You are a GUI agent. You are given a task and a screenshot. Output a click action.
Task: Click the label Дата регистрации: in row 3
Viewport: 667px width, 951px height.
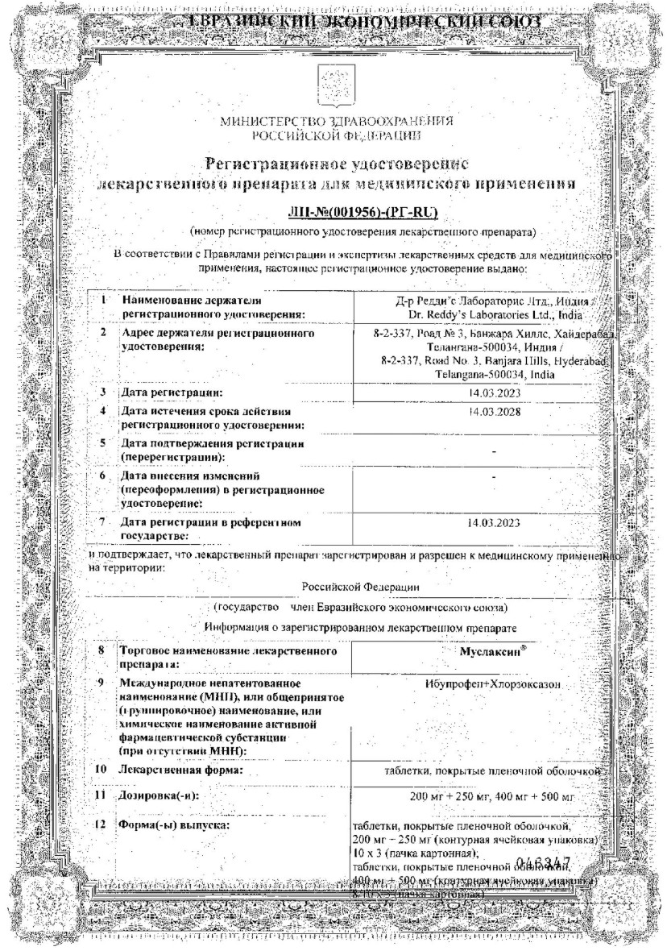[171, 392]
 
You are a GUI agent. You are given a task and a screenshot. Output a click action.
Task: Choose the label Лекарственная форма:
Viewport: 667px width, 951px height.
[181, 770]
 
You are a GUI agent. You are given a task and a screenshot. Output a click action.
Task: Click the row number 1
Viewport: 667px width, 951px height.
[104, 300]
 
